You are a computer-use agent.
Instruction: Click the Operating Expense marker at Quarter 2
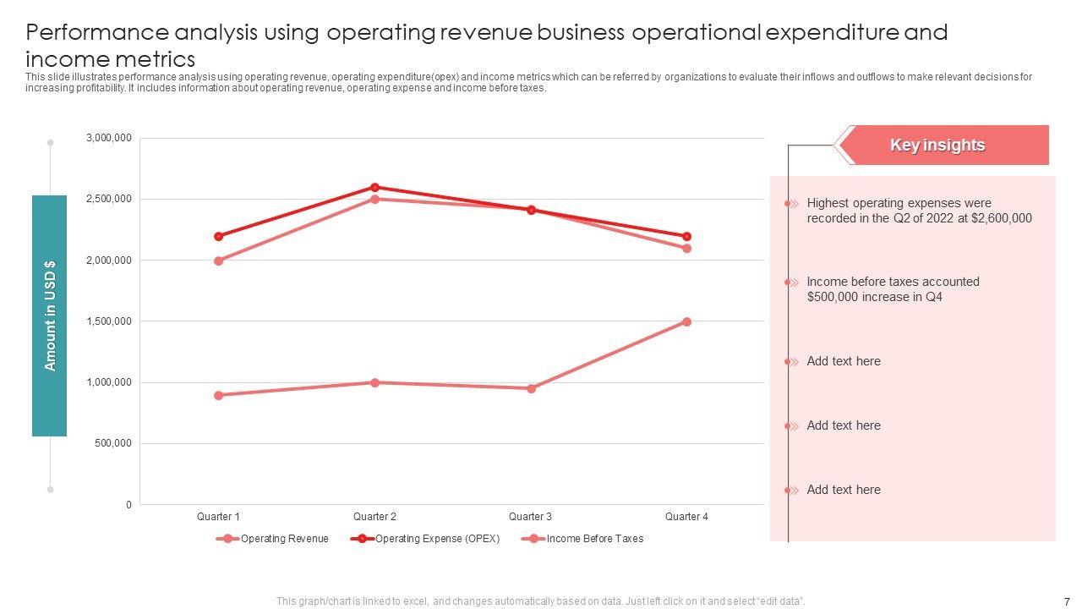374,187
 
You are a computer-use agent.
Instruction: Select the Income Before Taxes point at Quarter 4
686,322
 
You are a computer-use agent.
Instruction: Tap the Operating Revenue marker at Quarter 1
219,261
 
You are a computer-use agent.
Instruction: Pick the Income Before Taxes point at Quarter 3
531,388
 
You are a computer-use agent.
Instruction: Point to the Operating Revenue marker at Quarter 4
686,249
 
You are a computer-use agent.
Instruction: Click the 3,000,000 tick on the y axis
109,138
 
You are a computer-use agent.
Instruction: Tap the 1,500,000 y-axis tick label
109,321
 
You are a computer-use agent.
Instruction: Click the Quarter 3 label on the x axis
530,516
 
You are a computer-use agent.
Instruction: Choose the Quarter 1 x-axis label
218,516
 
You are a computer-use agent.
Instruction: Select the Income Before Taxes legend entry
594,539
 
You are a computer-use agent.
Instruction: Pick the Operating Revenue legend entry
284,539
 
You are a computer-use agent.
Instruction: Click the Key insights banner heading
937,145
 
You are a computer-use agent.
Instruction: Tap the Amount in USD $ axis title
50,315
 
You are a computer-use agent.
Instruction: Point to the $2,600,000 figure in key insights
1003,218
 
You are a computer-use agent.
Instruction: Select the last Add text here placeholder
843,490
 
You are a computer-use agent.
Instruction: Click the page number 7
1067,601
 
